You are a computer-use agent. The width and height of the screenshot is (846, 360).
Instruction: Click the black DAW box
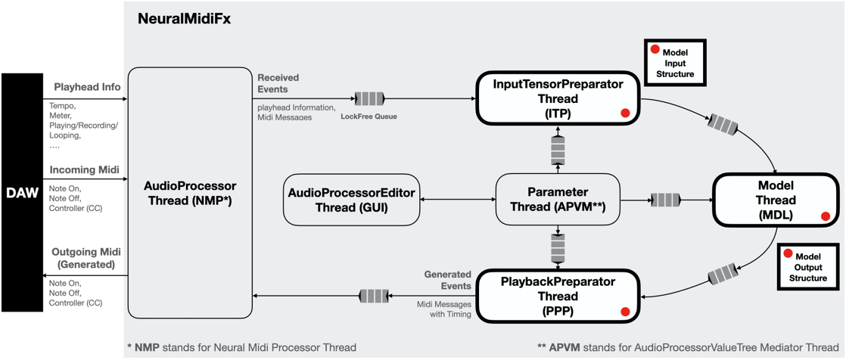(22, 193)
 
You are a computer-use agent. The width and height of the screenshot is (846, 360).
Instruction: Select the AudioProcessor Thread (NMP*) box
(190, 193)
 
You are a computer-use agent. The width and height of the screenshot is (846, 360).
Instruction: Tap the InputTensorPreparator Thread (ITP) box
(558, 98)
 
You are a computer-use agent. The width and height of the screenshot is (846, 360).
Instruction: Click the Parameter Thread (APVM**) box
(558, 200)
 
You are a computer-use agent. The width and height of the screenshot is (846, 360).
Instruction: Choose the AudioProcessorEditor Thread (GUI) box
(351, 200)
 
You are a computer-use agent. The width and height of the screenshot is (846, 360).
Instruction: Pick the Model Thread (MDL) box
(776, 200)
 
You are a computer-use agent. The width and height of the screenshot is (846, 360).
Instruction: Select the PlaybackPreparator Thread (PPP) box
(558, 296)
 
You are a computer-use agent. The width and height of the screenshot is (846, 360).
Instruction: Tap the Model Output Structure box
(807, 267)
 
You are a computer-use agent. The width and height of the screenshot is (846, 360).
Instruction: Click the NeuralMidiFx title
(184, 20)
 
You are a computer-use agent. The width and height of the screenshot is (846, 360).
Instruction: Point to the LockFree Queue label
(369, 116)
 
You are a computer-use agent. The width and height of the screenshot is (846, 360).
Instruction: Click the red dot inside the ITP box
(625, 113)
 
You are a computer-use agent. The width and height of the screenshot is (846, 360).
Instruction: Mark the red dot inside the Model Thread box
(826, 216)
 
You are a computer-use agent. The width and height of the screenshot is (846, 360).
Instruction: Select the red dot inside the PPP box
(625, 312)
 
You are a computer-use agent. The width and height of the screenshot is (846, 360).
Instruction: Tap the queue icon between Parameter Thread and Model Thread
(665, 200)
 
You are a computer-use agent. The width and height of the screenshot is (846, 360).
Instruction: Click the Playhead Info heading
(87, 87)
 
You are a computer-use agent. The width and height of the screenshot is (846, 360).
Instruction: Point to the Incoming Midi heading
(83, 169)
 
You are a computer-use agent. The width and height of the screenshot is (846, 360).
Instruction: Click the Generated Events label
(447, 280)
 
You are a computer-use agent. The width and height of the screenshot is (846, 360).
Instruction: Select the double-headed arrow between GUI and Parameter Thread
(457, 200)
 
